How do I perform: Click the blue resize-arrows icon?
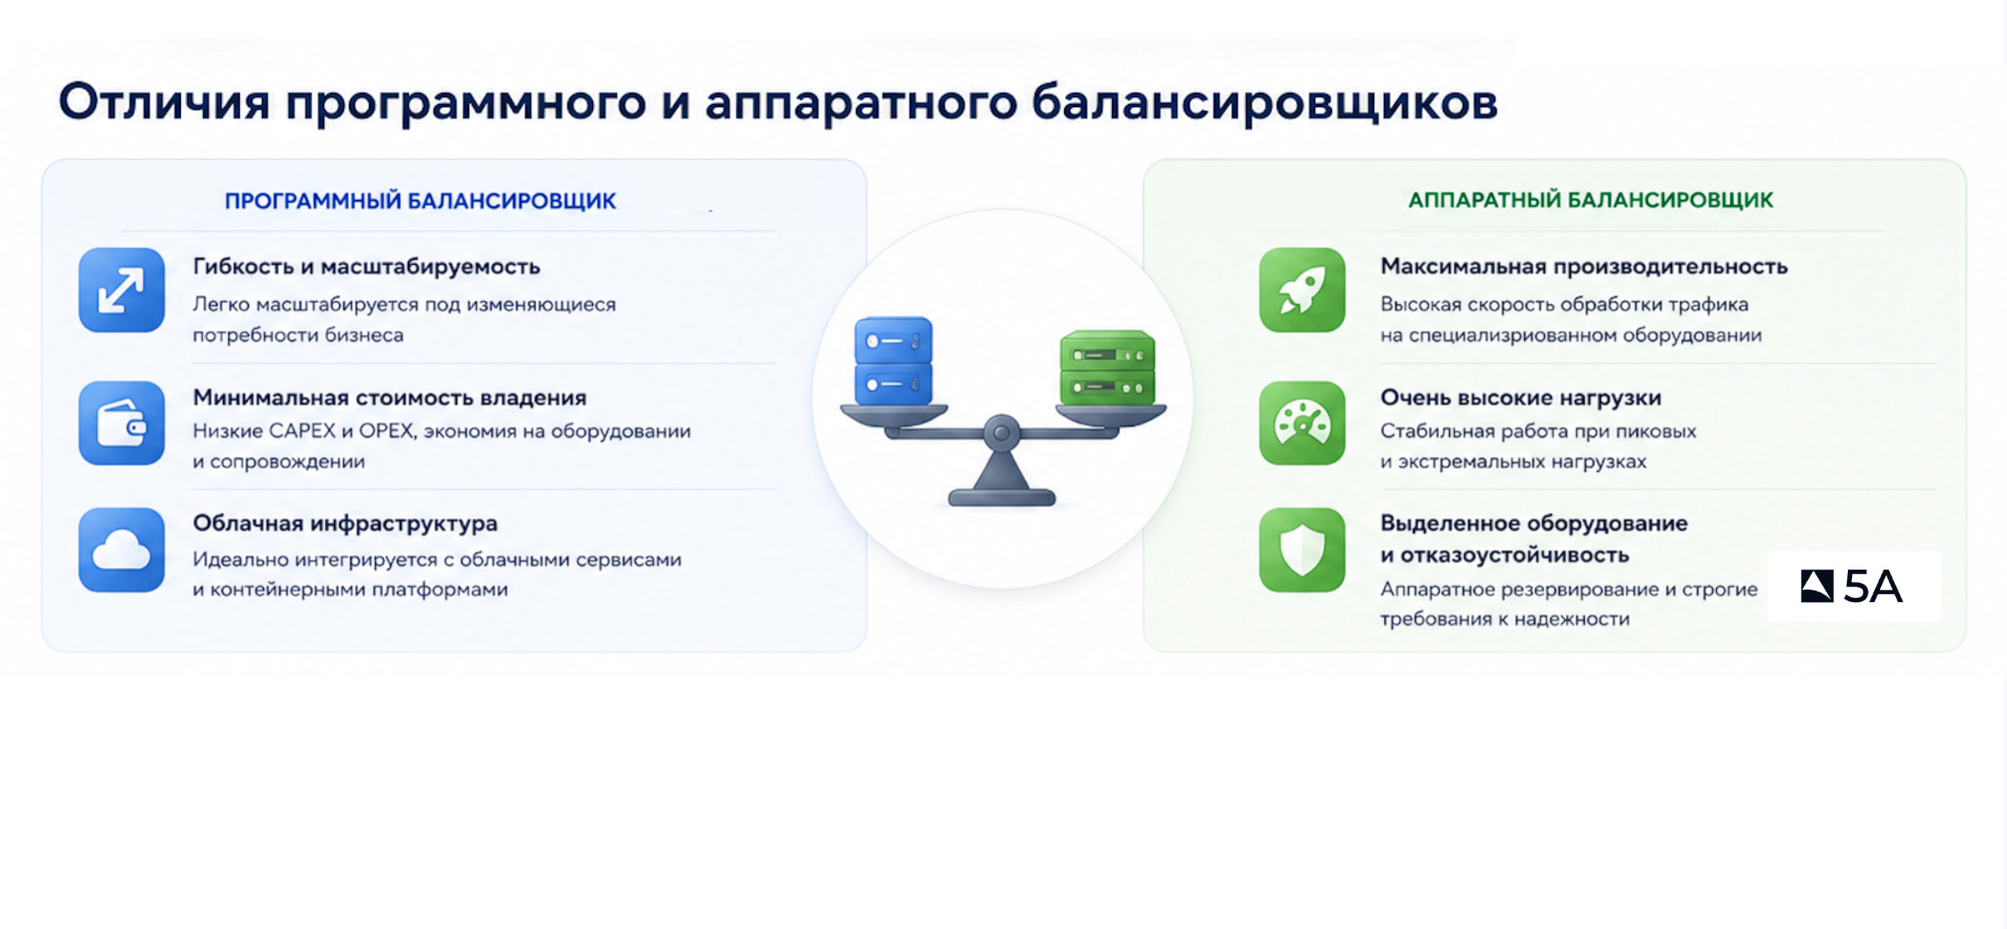[122, 290]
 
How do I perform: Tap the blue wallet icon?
[122, 423]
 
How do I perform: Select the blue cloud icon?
[122, 550]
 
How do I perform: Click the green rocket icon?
[1302, 290]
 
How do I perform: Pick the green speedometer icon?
[1302, 423]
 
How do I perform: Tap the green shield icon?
[1302, 550]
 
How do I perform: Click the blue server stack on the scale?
[893, 361]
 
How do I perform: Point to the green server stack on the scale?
[1108, 368]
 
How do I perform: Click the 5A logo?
[1853, 586]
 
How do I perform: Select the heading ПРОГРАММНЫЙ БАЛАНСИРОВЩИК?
[420, 202]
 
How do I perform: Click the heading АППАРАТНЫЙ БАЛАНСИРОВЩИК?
[1591, 201]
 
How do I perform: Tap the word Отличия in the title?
[164, 102]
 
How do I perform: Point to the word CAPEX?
[303, 431]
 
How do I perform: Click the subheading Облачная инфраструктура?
[345, 523]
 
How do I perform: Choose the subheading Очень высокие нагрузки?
[1521, 398]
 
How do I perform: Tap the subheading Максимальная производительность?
[1584, 267]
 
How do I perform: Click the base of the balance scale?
[1002, 497]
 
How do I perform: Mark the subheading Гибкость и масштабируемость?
[367, 267]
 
